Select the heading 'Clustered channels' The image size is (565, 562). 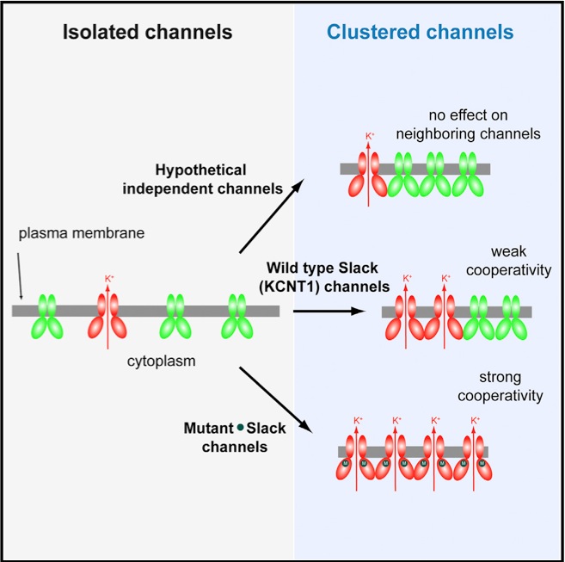click(x=420, y=34)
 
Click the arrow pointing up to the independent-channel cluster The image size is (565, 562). click(x=273, y=216)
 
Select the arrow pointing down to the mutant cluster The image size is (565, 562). click(x=274, y=397)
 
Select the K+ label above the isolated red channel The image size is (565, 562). click(x=108, y=278)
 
